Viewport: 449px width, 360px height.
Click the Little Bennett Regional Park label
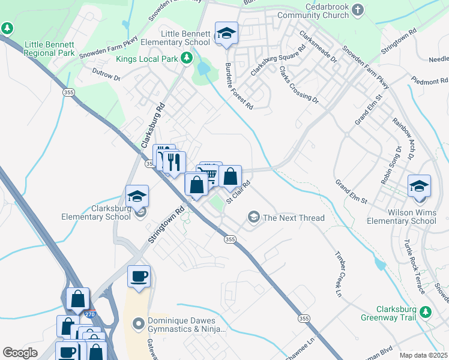tap(49, 49)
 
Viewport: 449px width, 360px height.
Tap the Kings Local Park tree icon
tap(187, 58)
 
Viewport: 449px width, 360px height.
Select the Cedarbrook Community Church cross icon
tap(358, 10)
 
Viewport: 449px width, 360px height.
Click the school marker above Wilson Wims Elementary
tap(419, 185)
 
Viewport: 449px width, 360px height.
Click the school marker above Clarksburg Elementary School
tap(137, 196)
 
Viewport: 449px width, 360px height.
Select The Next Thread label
tap(294, 218)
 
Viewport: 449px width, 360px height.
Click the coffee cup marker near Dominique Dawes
tap(139, 277)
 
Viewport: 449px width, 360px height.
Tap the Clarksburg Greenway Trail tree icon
tap(426, 311)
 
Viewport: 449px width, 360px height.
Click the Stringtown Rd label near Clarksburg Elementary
tap(166, 226)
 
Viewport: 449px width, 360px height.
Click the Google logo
tap(20, 353)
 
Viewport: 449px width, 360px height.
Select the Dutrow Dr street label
tap(106, 75)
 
